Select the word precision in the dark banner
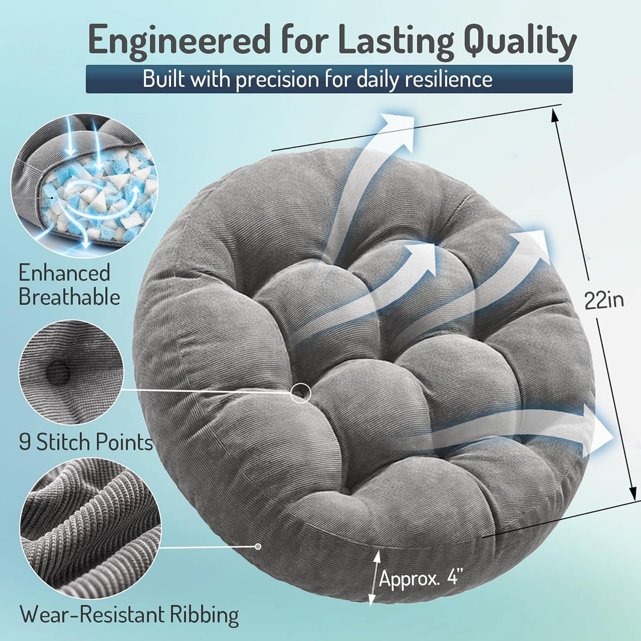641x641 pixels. [277, 80]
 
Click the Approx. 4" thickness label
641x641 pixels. [421, 579]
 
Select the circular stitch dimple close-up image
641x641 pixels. [71, 372]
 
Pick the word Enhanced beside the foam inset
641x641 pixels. [64, 273]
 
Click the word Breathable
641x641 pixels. [69, 297]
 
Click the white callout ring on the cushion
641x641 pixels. [301, 393]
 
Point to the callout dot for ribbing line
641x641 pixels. [258, 546]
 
